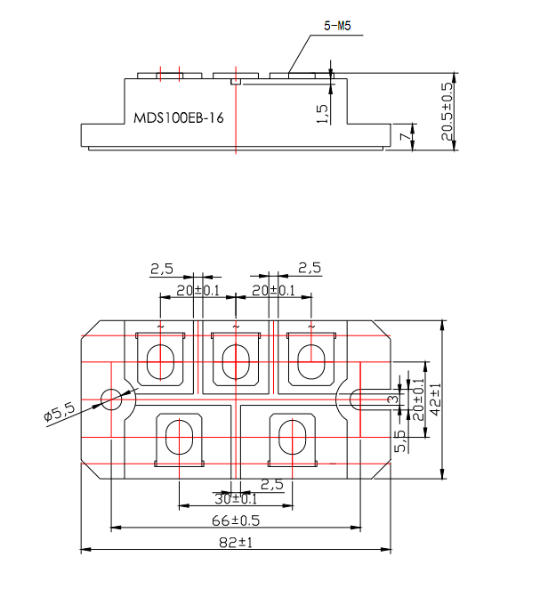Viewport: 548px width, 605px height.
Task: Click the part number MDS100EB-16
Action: point(178,119)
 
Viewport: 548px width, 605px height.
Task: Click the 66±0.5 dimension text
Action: point(235,520)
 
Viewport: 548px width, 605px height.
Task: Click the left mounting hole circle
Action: point(112,399)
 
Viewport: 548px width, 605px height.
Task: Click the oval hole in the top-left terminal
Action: point(160,362)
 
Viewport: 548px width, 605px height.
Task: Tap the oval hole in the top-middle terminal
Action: point(235,362)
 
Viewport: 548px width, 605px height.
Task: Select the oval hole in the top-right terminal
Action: point(310,362)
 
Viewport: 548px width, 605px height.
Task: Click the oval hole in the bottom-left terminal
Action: point(179,437)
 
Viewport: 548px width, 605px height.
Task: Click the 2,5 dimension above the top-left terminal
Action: point(161,269)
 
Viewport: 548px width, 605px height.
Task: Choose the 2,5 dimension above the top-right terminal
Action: point(310,269)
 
